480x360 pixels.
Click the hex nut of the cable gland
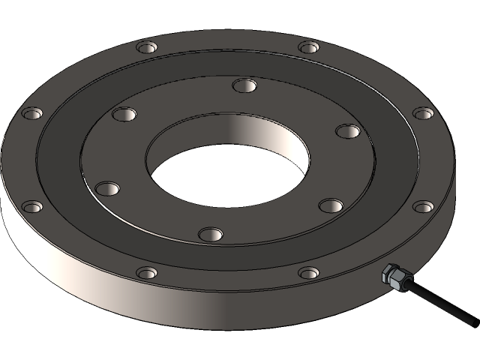(x=392, y=275)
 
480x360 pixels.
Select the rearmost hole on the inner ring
(x=244, y=85)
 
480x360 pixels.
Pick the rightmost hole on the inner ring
(x=348, y=131)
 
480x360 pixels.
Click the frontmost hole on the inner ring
(x=211, y=234)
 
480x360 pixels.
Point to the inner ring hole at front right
(x=330, y=205)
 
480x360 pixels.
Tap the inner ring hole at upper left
(x=124, y=115)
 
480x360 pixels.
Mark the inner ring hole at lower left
(x=107, y=187)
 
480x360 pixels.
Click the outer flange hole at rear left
(x=147, y=48)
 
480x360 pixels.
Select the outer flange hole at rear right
(x=309, y=47)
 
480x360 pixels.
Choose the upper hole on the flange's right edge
(x=423, y=113)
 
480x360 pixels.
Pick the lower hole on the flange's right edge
(x=423, y=206)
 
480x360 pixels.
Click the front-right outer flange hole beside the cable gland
(x=309, y=272)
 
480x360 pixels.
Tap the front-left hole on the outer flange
(x=147, y=272)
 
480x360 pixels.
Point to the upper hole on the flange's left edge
(x=31, y=114)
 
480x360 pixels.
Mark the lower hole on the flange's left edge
(x=31, y=206)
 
